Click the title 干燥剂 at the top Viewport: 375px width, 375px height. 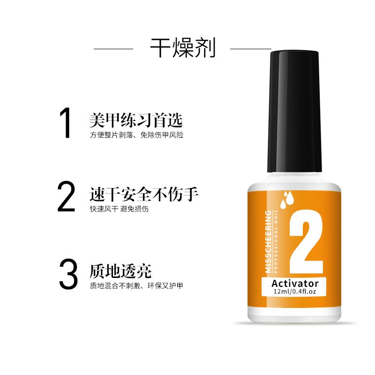pyautogui.click(x=183, y=48)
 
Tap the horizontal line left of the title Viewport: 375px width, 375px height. pyautogui.click(x=113, y=49)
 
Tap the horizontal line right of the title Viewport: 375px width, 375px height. pyautogui.click(x=250, y=49)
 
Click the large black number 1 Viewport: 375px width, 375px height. pyautogui.click(x=66, y=123)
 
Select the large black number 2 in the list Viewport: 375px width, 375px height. pyautogui.click(x=66, y=196)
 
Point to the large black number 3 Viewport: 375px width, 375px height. pyautogui.click(x=68, y=274)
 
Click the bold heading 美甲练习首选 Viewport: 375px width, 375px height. pyautogui.click(x=136, y=120)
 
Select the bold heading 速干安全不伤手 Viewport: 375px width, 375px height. pyautogui.click(x=144, y=194)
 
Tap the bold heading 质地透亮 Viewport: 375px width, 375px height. pyautogui.click(x=121, y=271)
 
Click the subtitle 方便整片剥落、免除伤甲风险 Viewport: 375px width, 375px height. pyautogui.click(x=136, y=135)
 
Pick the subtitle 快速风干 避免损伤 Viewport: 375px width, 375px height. pyautogui.click(x=119, y=209)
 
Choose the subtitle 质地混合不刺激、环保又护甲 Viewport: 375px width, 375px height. pyautogui.click(x=136, y=286)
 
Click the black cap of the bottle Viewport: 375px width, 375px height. pyautogui.click(x=294, y=111)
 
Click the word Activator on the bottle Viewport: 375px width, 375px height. pyautogui.click(x=295, y=284)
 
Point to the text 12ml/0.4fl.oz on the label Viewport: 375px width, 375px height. pyautogui.click(x=295, y=292)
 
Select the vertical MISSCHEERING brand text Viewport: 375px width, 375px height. pyautogui.click(x=269, y=241)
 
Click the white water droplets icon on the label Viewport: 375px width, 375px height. pyautogui.click(x=287, y=200)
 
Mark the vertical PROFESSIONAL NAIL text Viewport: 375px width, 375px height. pyautogui.click(x=276, y=241)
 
